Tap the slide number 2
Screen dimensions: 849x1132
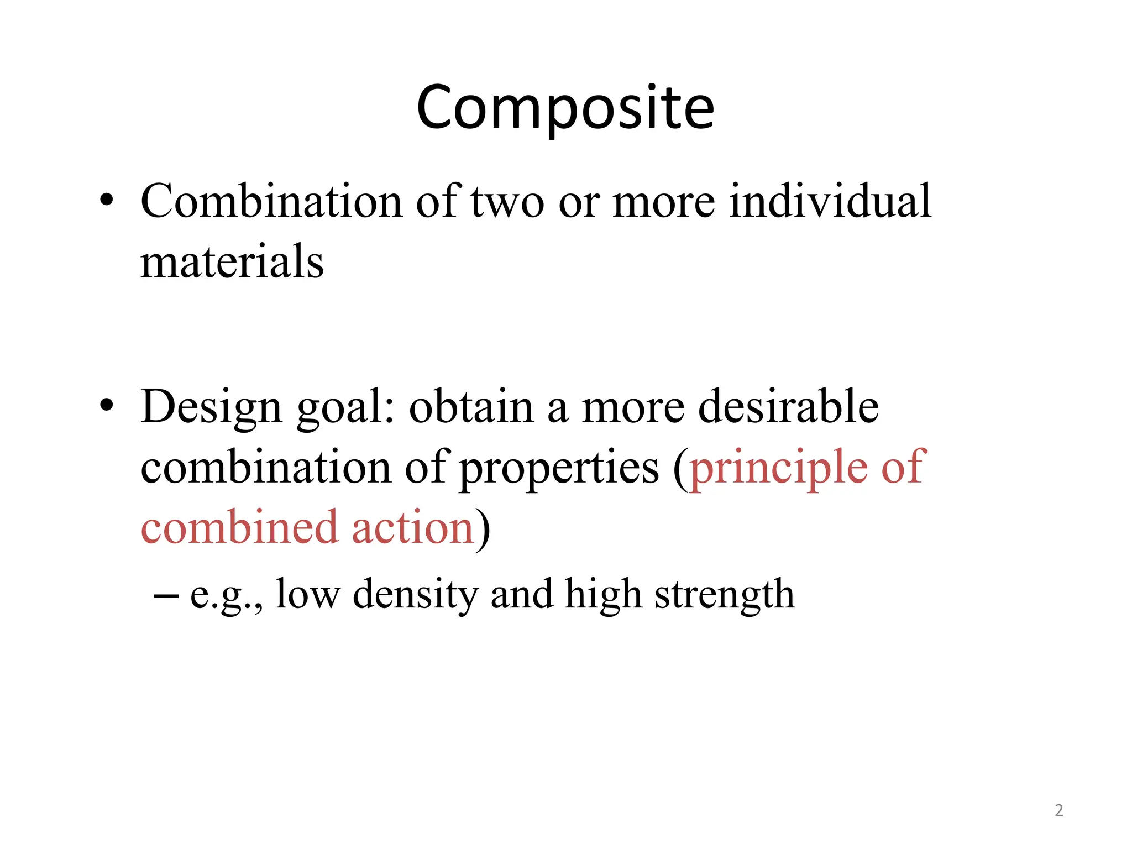click(1058, 810)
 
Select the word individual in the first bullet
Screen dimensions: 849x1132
click(830, 201)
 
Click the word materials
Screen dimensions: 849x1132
click(232, 261)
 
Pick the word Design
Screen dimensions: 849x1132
click(211, 408)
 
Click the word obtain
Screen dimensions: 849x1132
click(471, 407)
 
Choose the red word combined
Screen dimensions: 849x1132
click(239, 527)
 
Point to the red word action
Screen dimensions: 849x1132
click(412, 528)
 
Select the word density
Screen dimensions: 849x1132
click(415, 595)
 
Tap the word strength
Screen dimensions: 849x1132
click(724, 596)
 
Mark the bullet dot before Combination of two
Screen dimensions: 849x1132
click(107, 200)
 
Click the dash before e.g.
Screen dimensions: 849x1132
click(166, 595)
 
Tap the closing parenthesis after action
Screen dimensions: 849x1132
click(483, 530)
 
